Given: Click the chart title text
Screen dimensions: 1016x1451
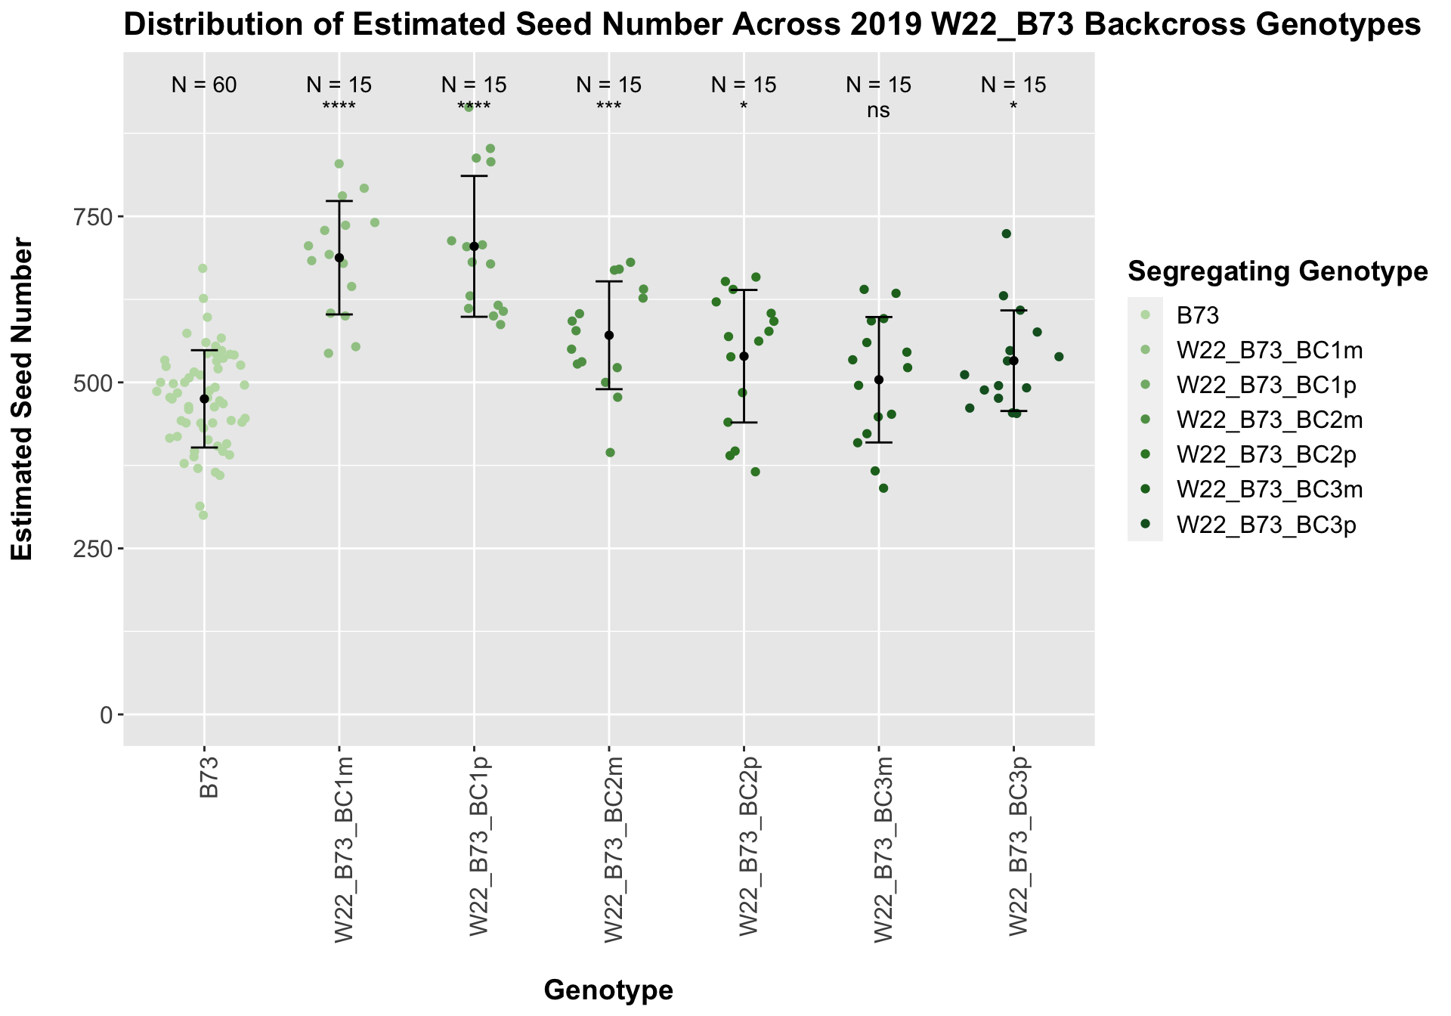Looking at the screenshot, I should [772, 26].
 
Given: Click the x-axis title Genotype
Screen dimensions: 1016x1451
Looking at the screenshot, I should [608, 990].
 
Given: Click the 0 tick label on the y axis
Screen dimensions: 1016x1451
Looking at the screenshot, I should [107, 714].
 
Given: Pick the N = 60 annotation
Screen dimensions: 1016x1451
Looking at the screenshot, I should [204, 85].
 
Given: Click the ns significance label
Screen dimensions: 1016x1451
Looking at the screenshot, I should [878, 111].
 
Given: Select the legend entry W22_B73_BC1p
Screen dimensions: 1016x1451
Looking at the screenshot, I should [1266, 386].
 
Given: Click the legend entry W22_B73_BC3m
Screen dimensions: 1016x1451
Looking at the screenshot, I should [1270, 490].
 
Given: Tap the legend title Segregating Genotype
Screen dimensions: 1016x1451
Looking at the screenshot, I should [1277, 272].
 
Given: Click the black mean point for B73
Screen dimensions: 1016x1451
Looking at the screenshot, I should [204, 398].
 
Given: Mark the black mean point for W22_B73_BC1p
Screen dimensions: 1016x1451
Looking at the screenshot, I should [474, 246].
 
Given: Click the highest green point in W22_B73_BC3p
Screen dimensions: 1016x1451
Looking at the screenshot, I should [1006, 234].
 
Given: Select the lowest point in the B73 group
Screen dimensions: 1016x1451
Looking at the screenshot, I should [203, 516].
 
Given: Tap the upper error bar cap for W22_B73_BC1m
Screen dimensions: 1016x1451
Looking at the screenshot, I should [339, 201].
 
